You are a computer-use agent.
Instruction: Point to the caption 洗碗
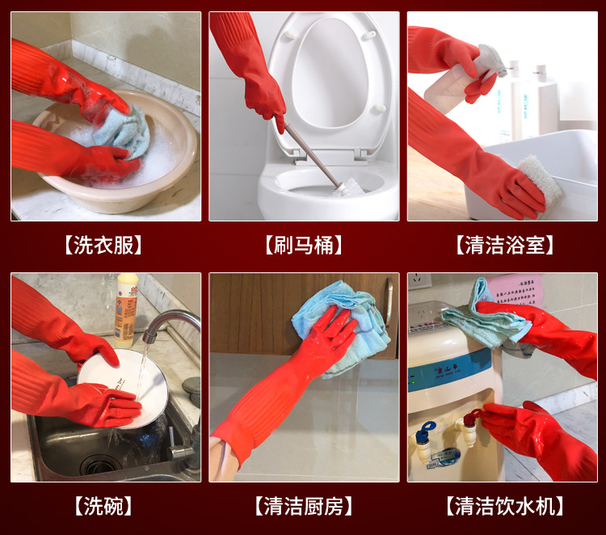[x=105, y=507]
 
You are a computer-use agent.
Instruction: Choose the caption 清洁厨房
[x=304, y=507]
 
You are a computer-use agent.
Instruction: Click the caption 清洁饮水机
[x=504, y=507]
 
